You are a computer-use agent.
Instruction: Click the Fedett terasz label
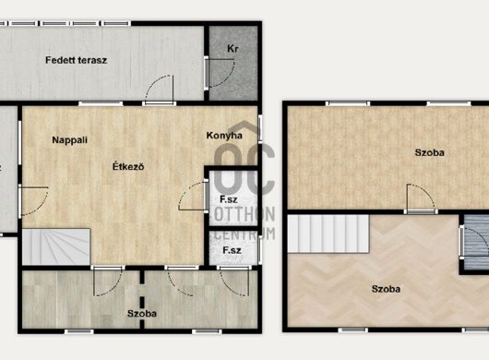coord(76,60)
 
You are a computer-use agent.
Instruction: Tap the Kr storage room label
coord(233,49)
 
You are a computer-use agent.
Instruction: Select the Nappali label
coord(69,140)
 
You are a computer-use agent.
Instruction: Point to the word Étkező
coord(128,166)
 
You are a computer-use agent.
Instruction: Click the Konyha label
coord(224,136)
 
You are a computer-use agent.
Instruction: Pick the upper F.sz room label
coord(229,199)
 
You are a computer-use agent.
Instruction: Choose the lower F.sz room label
coord(232,250)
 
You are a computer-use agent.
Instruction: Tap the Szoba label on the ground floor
coord(142,313)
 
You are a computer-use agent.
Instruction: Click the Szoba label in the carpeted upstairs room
coord(429,152)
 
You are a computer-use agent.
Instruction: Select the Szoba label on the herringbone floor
coord(386,289)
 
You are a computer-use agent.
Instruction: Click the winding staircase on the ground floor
coord(56,246)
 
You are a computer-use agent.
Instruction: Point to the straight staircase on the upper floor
coord(328,234)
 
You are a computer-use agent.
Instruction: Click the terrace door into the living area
coord(160,89)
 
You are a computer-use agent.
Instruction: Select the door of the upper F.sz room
coord(192,197)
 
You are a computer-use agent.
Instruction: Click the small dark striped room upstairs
coord(476,242)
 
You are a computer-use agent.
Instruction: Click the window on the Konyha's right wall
coord(259,129)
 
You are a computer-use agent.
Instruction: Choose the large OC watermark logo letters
coord(244,171)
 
